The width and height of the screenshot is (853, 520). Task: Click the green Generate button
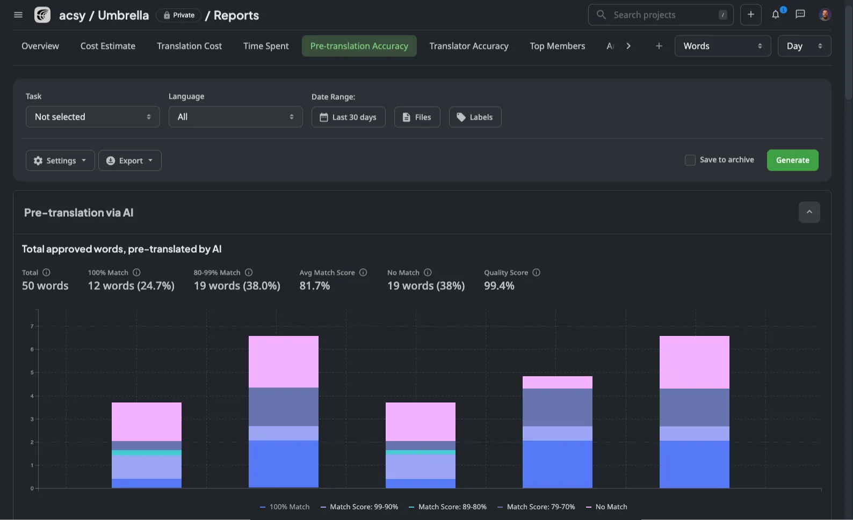[x=792, y=160]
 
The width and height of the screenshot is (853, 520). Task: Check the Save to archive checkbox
[x=690, y=160]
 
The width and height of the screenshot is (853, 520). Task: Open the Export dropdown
[x=130, y=160]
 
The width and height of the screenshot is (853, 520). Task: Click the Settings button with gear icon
[x=60, y=160]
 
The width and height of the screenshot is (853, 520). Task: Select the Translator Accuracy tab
[x=468, y=46]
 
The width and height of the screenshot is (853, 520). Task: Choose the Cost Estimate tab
[x=108, y=46]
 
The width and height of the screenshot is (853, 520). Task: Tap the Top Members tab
[x=557, y=46]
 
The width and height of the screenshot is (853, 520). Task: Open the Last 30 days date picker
[x=348, y=117]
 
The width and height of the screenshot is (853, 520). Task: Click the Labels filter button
[x=475, y=117]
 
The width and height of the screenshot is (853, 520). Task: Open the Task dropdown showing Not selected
[x=92, y=117]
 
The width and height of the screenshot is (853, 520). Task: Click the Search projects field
[x=661, y=15]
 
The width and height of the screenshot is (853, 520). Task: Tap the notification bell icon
[x=776, y=15]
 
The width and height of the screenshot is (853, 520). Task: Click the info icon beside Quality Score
[x=536, y=273]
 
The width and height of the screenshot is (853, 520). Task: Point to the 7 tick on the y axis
[x=32, y=326]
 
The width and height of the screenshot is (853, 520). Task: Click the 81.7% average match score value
[x=315, y=286]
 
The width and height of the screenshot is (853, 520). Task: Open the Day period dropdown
[x=804, y=46]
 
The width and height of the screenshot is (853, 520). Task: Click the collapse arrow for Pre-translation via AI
[x=809, y=213]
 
